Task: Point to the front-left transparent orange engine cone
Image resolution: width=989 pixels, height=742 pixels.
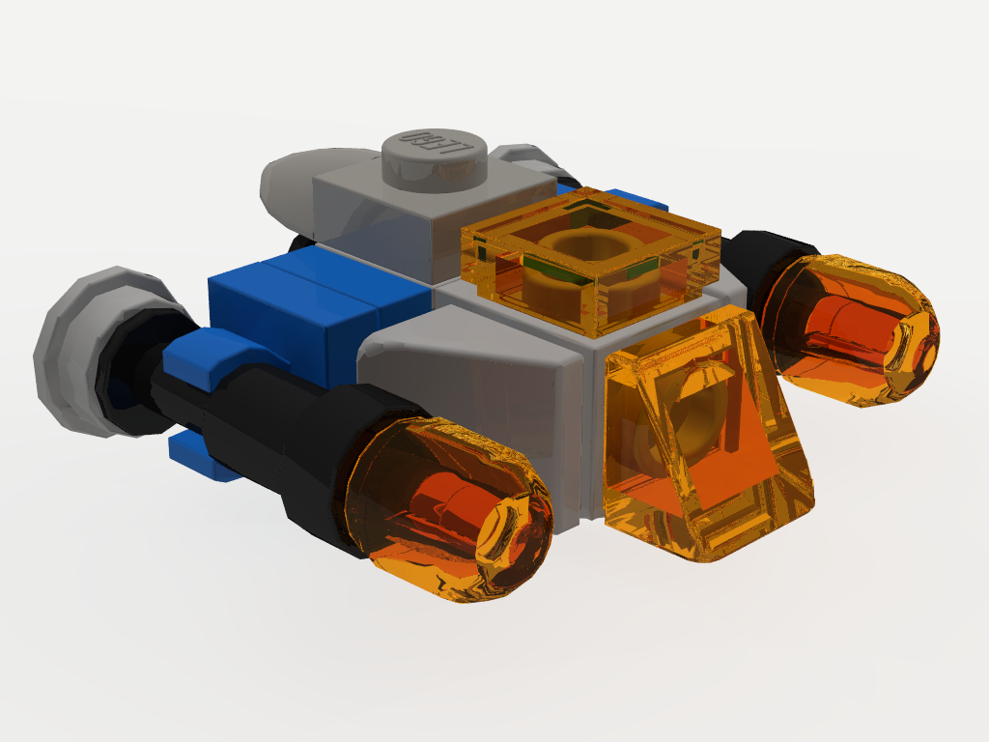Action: coord(449,512)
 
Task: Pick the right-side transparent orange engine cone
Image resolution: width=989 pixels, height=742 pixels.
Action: coord(850,328)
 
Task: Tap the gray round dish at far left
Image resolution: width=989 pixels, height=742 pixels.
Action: coord(77,353)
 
